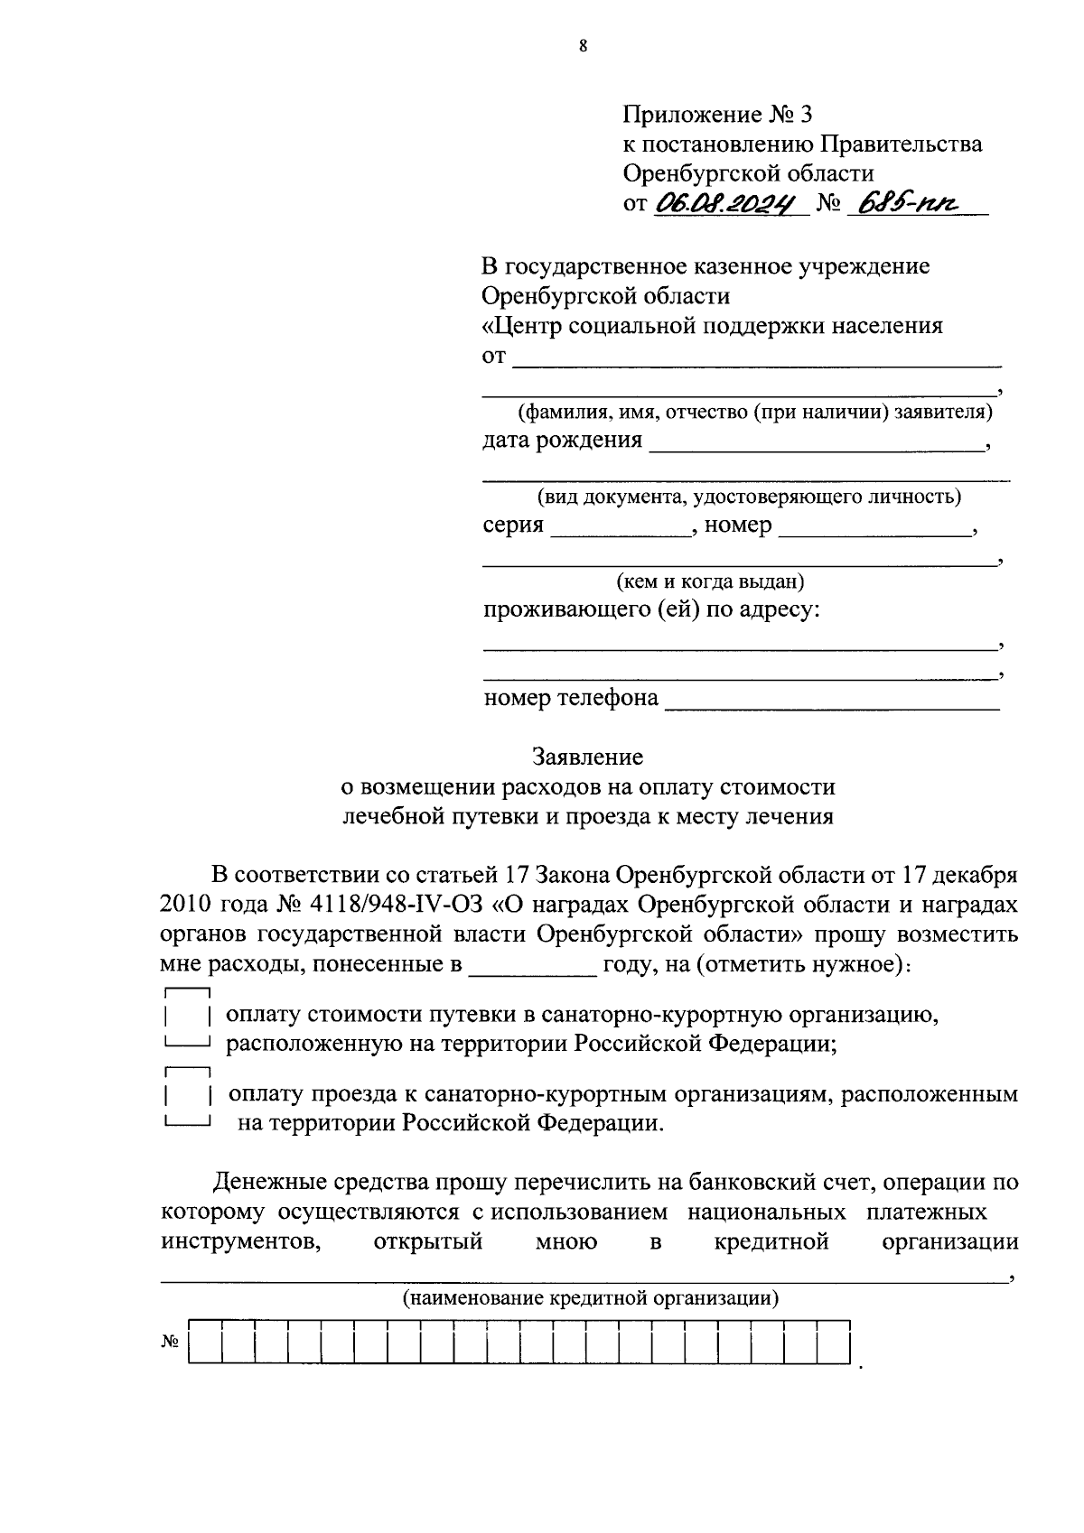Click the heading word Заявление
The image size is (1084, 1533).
pyautogui.click(x=587, y=756)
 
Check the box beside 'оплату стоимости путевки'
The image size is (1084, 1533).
pyautogui.click(x=187, y=1017)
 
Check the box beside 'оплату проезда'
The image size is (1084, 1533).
pyautogui.click(x=187, y=1096)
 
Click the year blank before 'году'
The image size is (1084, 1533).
pyautogui.click(x=532, y=967)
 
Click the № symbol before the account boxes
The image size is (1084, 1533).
pyautogui.click(x=171, y=1343)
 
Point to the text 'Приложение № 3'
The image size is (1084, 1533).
pyautogui.click(x=718, y=115)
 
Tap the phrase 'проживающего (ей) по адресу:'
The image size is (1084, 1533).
pyautogui.click(x=652, y=609)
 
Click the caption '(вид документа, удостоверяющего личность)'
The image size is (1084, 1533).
pyautogui.click(x=749, y=496)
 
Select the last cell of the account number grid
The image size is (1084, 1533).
pyautogui.click(x=834, y=1343)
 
